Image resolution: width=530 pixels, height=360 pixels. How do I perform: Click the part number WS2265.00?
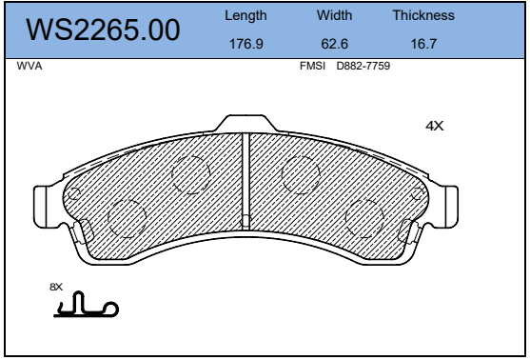[x=103, y=30]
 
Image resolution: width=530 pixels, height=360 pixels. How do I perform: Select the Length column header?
[x=245, y=16]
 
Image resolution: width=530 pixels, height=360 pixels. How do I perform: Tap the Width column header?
[x=334, y=15]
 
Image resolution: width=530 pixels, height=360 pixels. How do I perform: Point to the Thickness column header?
[x=423, y=15]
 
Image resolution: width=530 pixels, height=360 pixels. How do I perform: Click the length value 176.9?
[x=246, y=44]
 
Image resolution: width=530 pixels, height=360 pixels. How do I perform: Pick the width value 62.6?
[x=334, y=44]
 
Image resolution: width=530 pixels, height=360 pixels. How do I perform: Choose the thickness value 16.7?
[x=423, y=44]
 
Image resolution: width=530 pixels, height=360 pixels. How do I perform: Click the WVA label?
[x=29, y=66]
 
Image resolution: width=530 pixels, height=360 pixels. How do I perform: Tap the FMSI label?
[x=312, y=66]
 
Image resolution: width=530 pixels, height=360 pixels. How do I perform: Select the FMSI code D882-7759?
[x=363, y=66]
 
